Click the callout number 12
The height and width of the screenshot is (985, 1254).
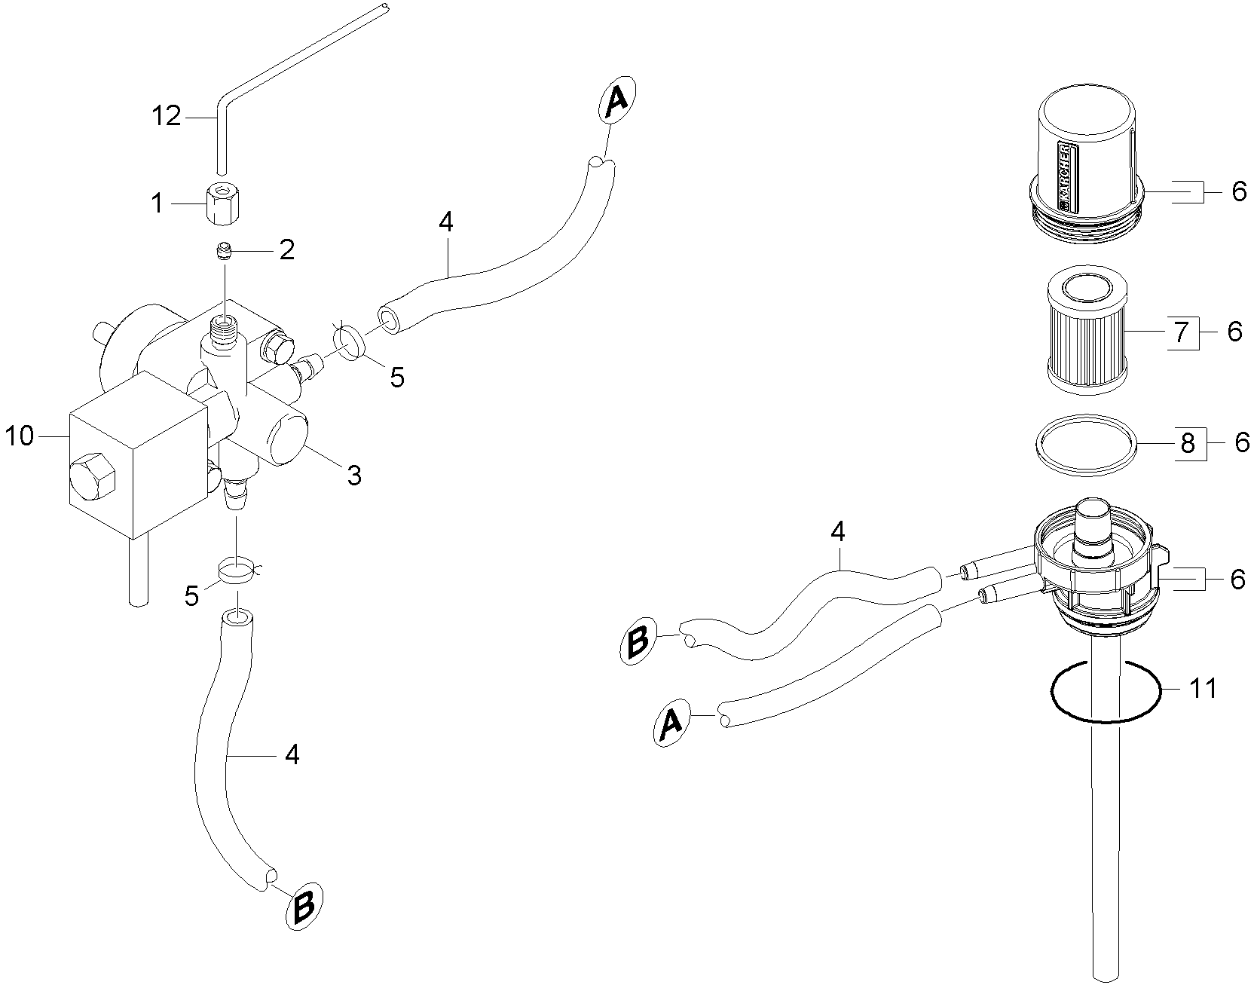(167, 117)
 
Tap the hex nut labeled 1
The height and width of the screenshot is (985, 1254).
(220, 204)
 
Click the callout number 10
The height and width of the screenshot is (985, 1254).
(20, 436)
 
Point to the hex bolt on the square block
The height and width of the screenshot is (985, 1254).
(90, 477)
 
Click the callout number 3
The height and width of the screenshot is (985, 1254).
(353, 475)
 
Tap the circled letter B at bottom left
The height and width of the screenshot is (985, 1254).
(304, 907)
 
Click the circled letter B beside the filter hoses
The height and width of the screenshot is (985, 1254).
(638, 641)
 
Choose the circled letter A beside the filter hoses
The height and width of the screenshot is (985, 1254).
(670, 723)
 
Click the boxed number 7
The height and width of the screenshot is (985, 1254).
(1181, 331)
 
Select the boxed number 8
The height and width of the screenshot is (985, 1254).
(1188, 442)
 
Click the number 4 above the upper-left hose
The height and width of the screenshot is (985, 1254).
(446, 222)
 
